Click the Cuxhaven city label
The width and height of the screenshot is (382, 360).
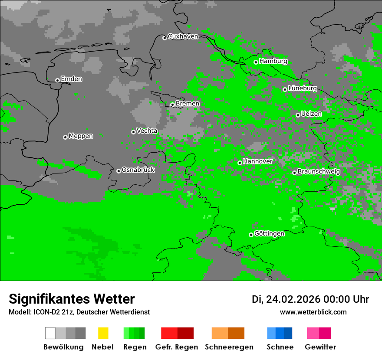[183, 36]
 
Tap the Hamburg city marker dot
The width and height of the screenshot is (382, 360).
[256, 62]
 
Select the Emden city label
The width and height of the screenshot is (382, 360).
[71, 79]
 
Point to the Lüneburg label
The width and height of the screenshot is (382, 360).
[303, 88]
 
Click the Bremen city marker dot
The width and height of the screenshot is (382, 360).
[172, 105]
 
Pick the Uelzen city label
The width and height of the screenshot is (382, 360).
[311, 114]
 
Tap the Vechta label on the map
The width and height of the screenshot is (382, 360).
[147, 131]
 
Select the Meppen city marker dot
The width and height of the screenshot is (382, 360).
[65, 137]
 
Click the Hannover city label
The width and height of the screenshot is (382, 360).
[258, 161]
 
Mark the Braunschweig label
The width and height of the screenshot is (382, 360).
[319, 171]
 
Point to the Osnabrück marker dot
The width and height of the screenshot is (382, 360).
[119, 171]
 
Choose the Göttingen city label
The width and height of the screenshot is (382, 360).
[269, 233]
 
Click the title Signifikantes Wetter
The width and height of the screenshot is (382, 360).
[72, 299]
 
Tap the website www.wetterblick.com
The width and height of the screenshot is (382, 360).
[313, 312]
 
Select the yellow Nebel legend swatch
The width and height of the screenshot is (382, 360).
[103, 333]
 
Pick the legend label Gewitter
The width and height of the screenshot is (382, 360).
[320, 347]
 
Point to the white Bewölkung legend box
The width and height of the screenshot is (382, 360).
[50, 333]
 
